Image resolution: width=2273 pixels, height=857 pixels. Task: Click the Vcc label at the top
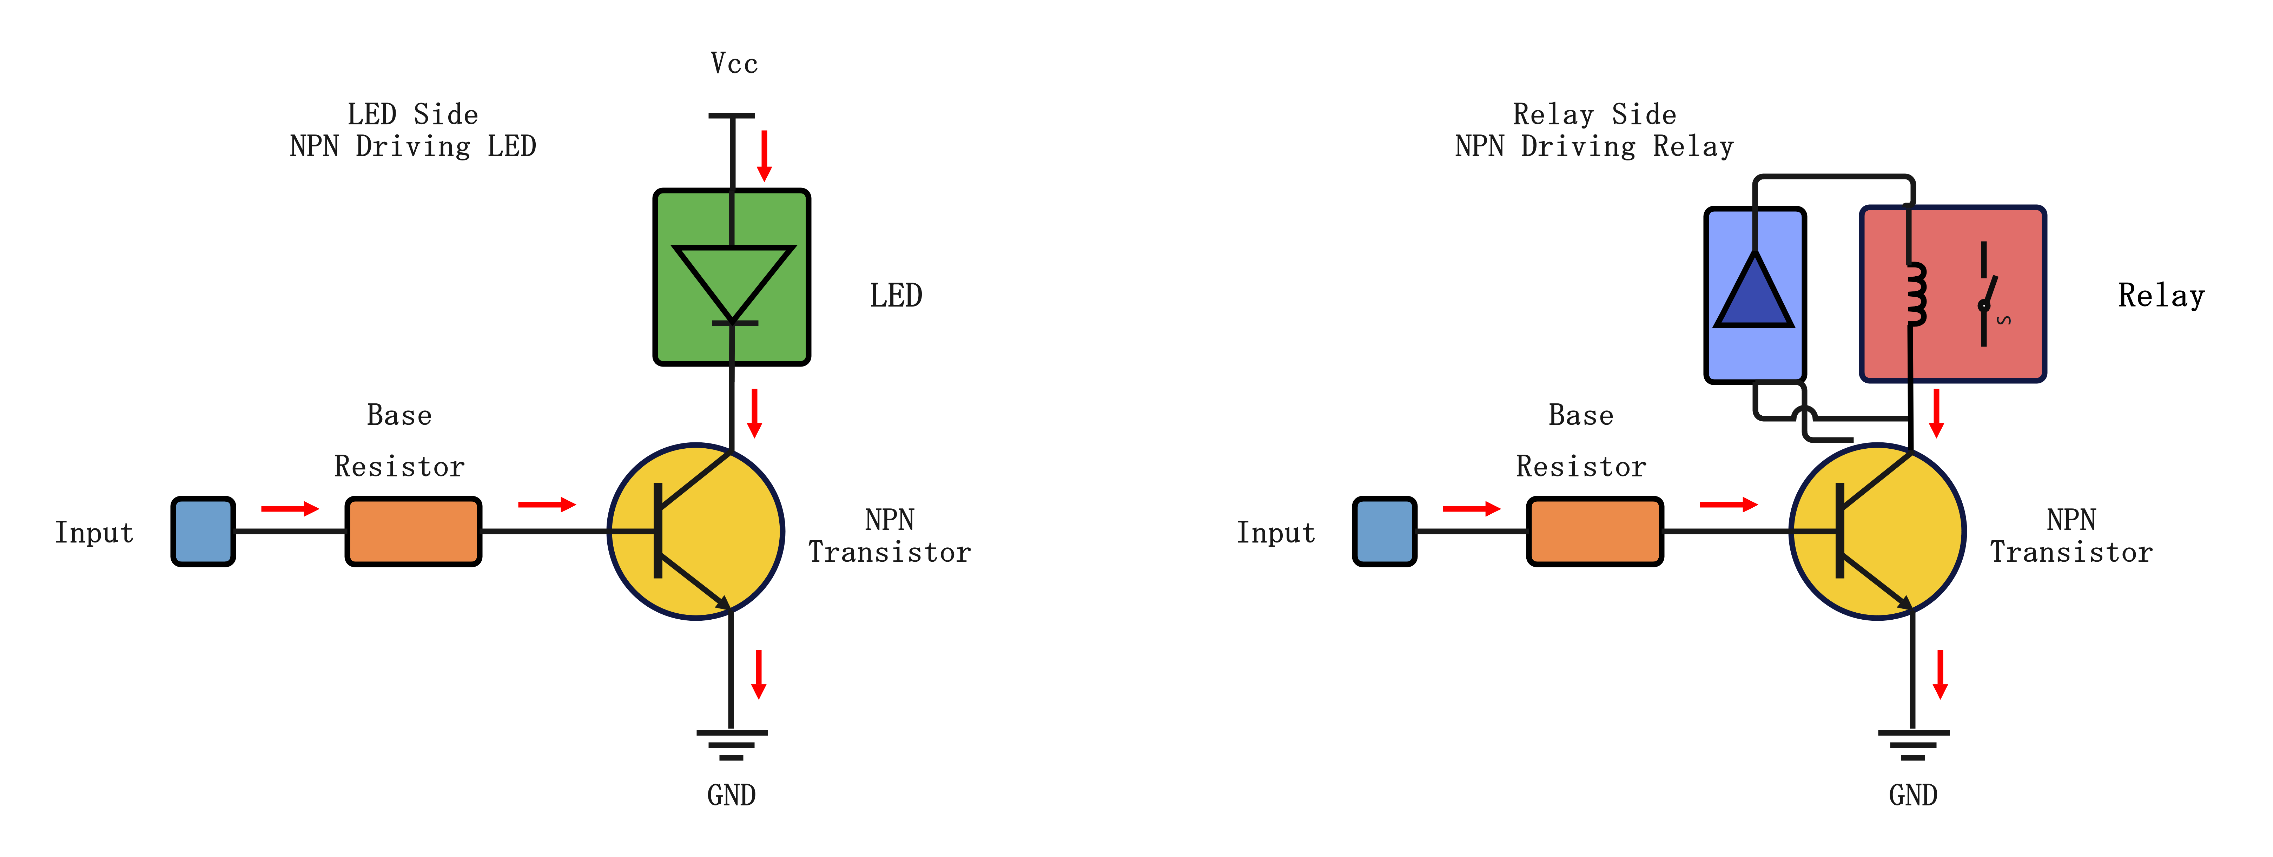point(733,64)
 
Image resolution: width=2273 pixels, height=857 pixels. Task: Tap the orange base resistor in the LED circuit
point(413,531)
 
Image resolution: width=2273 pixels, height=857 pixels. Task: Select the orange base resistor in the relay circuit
point(1594,531)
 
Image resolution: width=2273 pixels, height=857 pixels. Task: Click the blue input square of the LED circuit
point(203,531)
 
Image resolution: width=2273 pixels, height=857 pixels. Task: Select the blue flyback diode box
point(1754,295)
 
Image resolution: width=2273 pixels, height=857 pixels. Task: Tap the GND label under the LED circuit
point(732,795)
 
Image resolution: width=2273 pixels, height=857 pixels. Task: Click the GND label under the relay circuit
point(1913,795)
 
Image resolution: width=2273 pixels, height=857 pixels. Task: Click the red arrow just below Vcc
point(764,155)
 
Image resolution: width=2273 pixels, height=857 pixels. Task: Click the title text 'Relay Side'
point(1594,114)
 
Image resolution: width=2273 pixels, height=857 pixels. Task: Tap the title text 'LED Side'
point(412,114)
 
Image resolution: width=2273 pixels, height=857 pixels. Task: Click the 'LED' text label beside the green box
point(896,295)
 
